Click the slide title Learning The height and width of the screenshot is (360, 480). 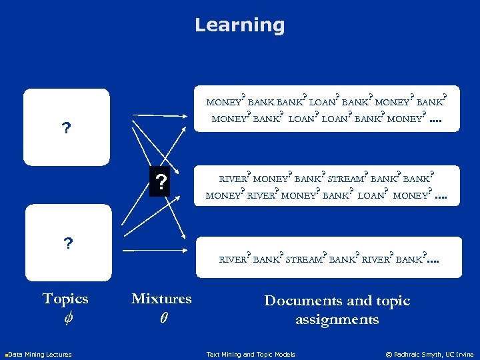pos(239,25)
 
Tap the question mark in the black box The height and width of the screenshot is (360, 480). pos(160,181)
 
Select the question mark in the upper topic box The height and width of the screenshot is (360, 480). pos(66,127)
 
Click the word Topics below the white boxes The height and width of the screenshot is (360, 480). pos(65,298)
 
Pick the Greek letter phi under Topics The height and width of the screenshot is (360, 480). pos(65,319)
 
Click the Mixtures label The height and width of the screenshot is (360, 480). pos(161,298)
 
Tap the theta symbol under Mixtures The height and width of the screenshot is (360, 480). pos(163,319)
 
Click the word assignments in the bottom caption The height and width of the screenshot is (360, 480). pos(337,319)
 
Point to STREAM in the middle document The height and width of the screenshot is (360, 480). pos(346,179)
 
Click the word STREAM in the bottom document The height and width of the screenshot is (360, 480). pos(303,260)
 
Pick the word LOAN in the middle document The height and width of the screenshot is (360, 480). pos(371,196)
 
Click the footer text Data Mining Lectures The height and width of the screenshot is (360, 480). pos(39,354)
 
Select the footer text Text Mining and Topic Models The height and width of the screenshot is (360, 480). pos(251,354)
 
